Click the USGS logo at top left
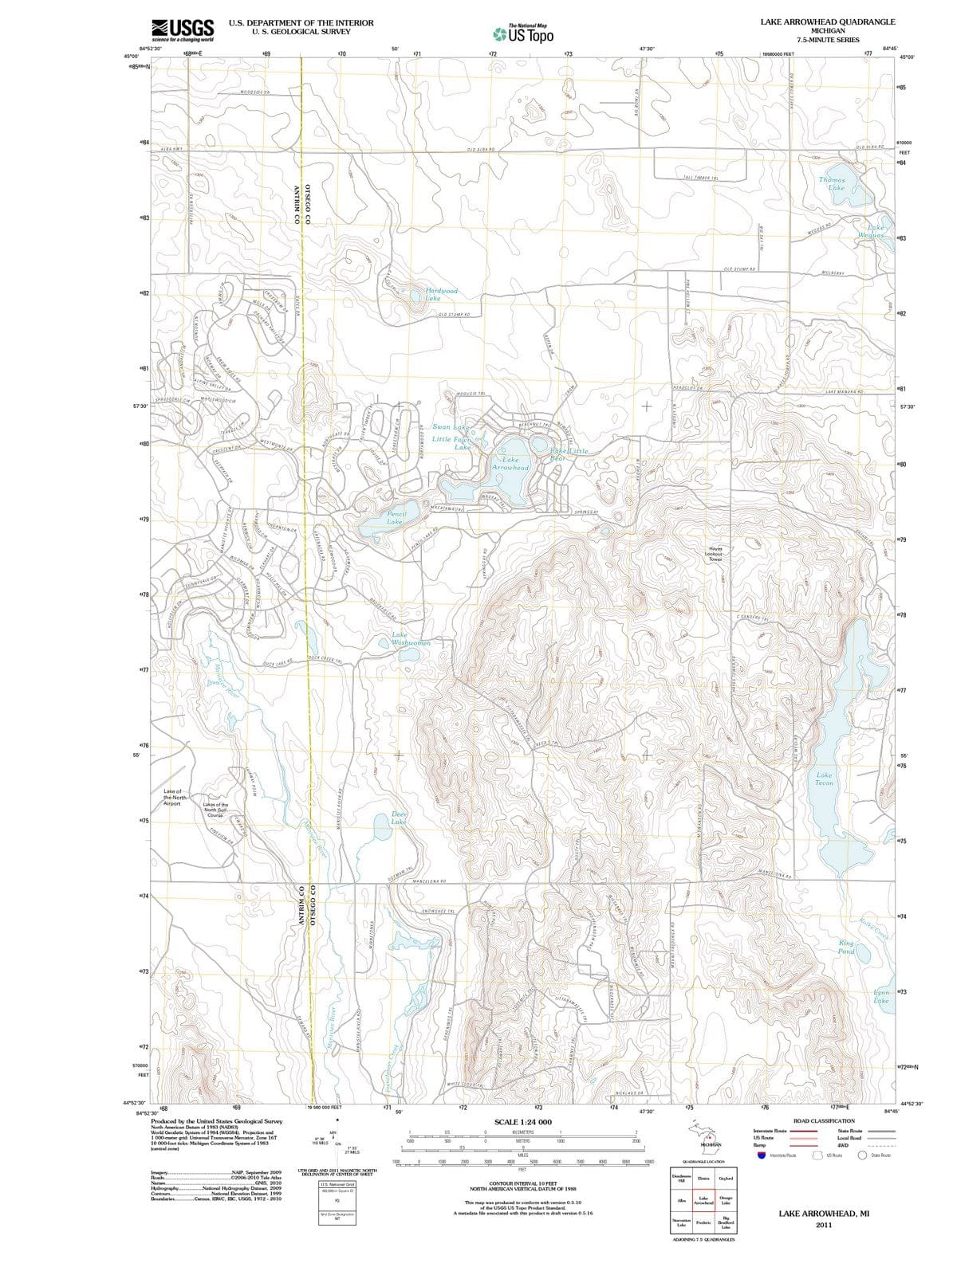183,29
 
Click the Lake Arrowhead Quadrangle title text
828,22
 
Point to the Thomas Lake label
832,184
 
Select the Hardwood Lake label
441,294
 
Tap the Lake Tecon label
824,779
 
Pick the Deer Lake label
399,818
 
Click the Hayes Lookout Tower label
715,554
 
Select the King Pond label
846,947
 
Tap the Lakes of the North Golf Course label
215,810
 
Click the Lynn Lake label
880,996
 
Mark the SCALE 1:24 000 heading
523,1122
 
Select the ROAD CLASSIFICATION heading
824,1120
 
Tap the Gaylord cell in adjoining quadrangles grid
726,1178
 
